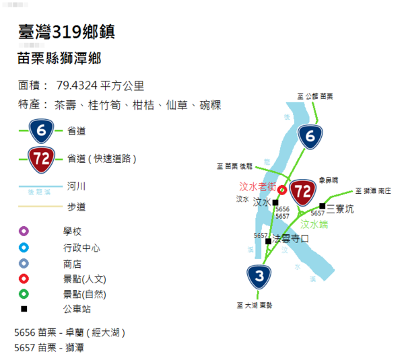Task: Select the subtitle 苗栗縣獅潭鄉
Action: point(59,59)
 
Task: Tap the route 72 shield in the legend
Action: point(40,159)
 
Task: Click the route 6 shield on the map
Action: point(310,137)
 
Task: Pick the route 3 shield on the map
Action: point(259,276)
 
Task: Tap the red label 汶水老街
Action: point(258,186)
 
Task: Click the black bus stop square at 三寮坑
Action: point(323,205)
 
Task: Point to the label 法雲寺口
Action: point(290,238)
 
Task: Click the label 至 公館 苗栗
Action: point(316,98)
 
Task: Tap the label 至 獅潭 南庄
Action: point(372,191)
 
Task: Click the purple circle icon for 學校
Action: point(24,231)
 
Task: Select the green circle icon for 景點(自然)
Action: point(24,293)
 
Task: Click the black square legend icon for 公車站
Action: point(24,309)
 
